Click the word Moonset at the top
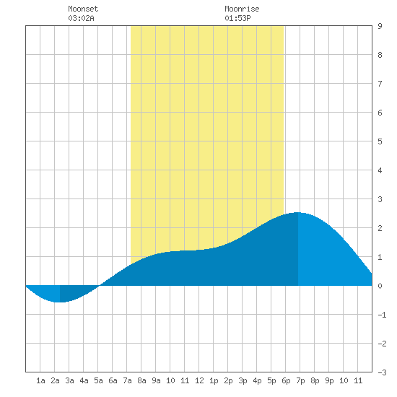click(x=83, y=9)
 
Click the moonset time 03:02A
click(x=81, y=18)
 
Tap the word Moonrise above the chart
click(x=242, y=9)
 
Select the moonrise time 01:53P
click(x=237, y=18)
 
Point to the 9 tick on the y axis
click(x=380, y=26)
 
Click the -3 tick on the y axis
click(x=382, y=372)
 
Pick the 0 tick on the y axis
click(x=380, y=286)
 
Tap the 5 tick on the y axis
click(x=380, y=141)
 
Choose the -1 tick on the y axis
click(x=382, y=315)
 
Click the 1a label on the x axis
click(x=40, y=380)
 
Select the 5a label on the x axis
click(x=98, y=380)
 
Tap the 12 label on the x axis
click(x=199, y=380)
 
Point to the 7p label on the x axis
click(x=300, y=380)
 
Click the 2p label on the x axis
click(x=228, y=380)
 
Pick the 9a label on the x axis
click(x=156, y=380)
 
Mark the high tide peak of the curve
click(x=297, y=212)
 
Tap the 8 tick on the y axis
click(x=380, y=55)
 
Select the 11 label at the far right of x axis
click(x=358, y=380)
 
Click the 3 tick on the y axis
click(x=380, y=199)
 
